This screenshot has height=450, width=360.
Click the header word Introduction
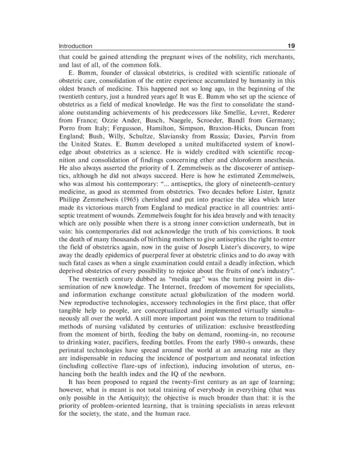click(76, 46)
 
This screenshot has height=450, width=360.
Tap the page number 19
click(291, 46)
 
